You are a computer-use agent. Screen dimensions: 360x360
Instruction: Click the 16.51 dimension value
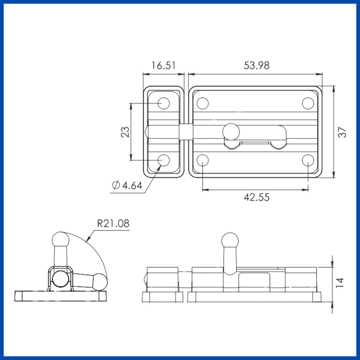[x=164, y=65]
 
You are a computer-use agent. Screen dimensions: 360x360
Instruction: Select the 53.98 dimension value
[x=257, y=65]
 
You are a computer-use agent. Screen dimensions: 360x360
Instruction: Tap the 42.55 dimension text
[x=257, y=197]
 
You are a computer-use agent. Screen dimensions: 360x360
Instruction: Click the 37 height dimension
[x=342, y=132]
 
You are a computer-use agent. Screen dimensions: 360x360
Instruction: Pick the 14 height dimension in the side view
[x=340, y=282]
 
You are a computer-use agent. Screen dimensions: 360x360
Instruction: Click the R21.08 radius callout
[x=113, y=223]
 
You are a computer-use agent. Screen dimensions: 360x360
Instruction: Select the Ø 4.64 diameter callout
[x=127, y=185]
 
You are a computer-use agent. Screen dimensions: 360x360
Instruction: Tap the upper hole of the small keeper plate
[x=164, y=103]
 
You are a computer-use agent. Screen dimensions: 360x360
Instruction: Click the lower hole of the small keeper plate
[x=164, y=160]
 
